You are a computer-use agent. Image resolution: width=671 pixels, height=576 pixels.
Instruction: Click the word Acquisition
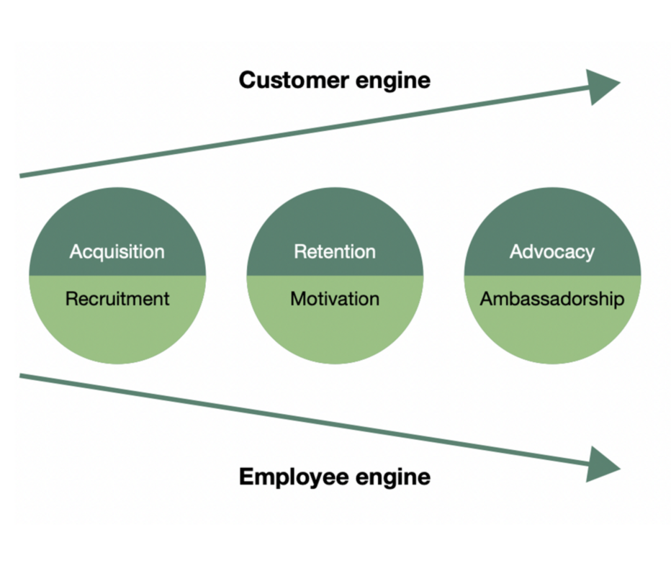point(117,252)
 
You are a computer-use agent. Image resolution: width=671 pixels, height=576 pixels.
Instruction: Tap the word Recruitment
point(117,299)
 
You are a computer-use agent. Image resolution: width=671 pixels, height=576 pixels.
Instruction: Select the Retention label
point(335,252)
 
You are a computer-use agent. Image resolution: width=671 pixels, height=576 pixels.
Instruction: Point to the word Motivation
point(335,299)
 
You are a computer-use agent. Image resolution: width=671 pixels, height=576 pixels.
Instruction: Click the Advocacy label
point(552,252)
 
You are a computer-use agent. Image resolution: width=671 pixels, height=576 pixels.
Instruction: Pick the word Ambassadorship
point(552,299)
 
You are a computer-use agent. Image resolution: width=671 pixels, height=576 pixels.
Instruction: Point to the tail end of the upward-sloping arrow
point(23,174)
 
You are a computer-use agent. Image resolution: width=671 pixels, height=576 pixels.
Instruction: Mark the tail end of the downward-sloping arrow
point(23,375)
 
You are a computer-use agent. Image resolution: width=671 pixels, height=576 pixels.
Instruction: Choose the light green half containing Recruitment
point(117,331)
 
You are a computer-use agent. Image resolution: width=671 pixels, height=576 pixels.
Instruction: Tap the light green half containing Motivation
point(335,331)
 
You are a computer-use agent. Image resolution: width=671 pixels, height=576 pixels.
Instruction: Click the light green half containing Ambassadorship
point(552,331)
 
